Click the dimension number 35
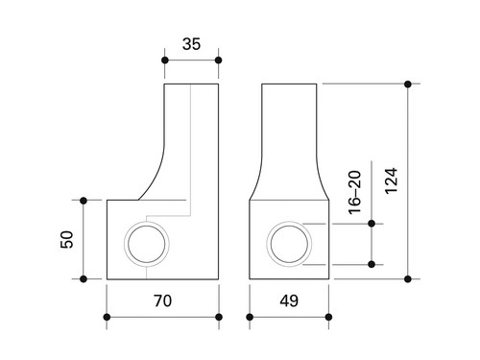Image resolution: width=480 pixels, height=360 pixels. [191, 44]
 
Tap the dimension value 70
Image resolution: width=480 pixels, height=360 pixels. [162, 300]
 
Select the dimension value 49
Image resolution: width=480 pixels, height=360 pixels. [289, 300]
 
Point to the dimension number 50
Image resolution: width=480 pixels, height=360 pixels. [67, 239]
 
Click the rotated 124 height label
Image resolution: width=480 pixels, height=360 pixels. [391, 180]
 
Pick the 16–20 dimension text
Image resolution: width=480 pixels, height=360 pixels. [354, 193]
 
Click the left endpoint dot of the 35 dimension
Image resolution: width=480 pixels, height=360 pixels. [165, 60]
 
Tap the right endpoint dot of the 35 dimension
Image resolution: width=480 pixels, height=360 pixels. [219, 60]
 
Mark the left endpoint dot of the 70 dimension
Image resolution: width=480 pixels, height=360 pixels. [107, 317]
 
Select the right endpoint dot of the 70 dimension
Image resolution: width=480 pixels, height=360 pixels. [219, 317]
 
